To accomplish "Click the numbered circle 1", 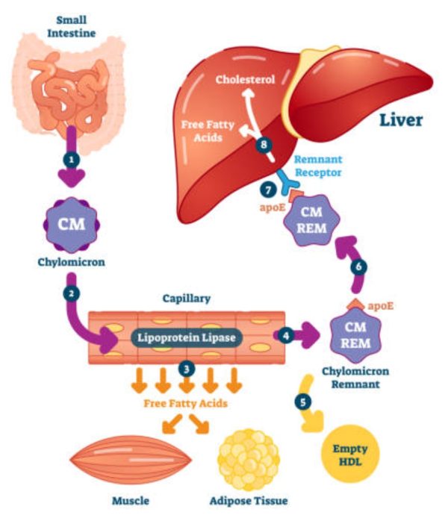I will point(72,160).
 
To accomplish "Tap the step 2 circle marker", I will point(72,293).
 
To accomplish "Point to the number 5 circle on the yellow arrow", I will point(302,401).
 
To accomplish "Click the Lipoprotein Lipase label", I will point(186,337).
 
